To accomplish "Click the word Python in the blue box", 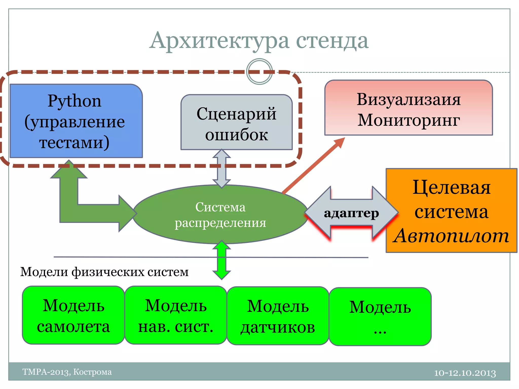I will (x=75, y=101).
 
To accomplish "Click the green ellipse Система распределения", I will (x=220, y=215).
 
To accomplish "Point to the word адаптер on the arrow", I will (x=351, y=213).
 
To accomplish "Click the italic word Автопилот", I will (x=451, y=236).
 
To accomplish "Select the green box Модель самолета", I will (x=73, y=315).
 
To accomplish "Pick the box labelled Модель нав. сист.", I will (x=176, y=315).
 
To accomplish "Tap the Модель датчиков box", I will (x=278, y=316).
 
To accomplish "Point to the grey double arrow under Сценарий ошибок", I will (x=221, y=168).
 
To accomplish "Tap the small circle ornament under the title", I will (x=259, y=71).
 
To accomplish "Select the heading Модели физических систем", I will (x=104, y=272).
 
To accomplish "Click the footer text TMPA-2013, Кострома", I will (x=67, y=372).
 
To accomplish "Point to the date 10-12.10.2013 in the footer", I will (x=465, y=373).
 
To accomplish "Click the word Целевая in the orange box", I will (x=452, y=188).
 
